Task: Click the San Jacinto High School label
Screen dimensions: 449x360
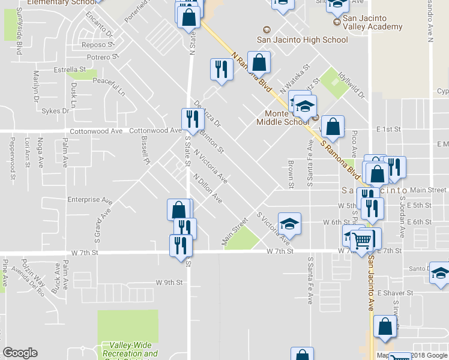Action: [302, 40]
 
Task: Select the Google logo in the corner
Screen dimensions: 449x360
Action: [20, 352]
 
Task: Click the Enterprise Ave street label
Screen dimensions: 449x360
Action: [90, 200]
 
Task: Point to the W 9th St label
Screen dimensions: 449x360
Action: [169, 282]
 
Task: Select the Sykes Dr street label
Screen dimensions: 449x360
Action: [56, 111]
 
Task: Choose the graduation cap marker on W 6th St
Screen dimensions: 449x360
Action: [289, 223]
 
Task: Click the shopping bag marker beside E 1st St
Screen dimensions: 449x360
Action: [333, 127]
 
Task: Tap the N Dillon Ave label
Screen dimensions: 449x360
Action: [208, 188]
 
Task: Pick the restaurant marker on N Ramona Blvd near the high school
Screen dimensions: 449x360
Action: [220, 69]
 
